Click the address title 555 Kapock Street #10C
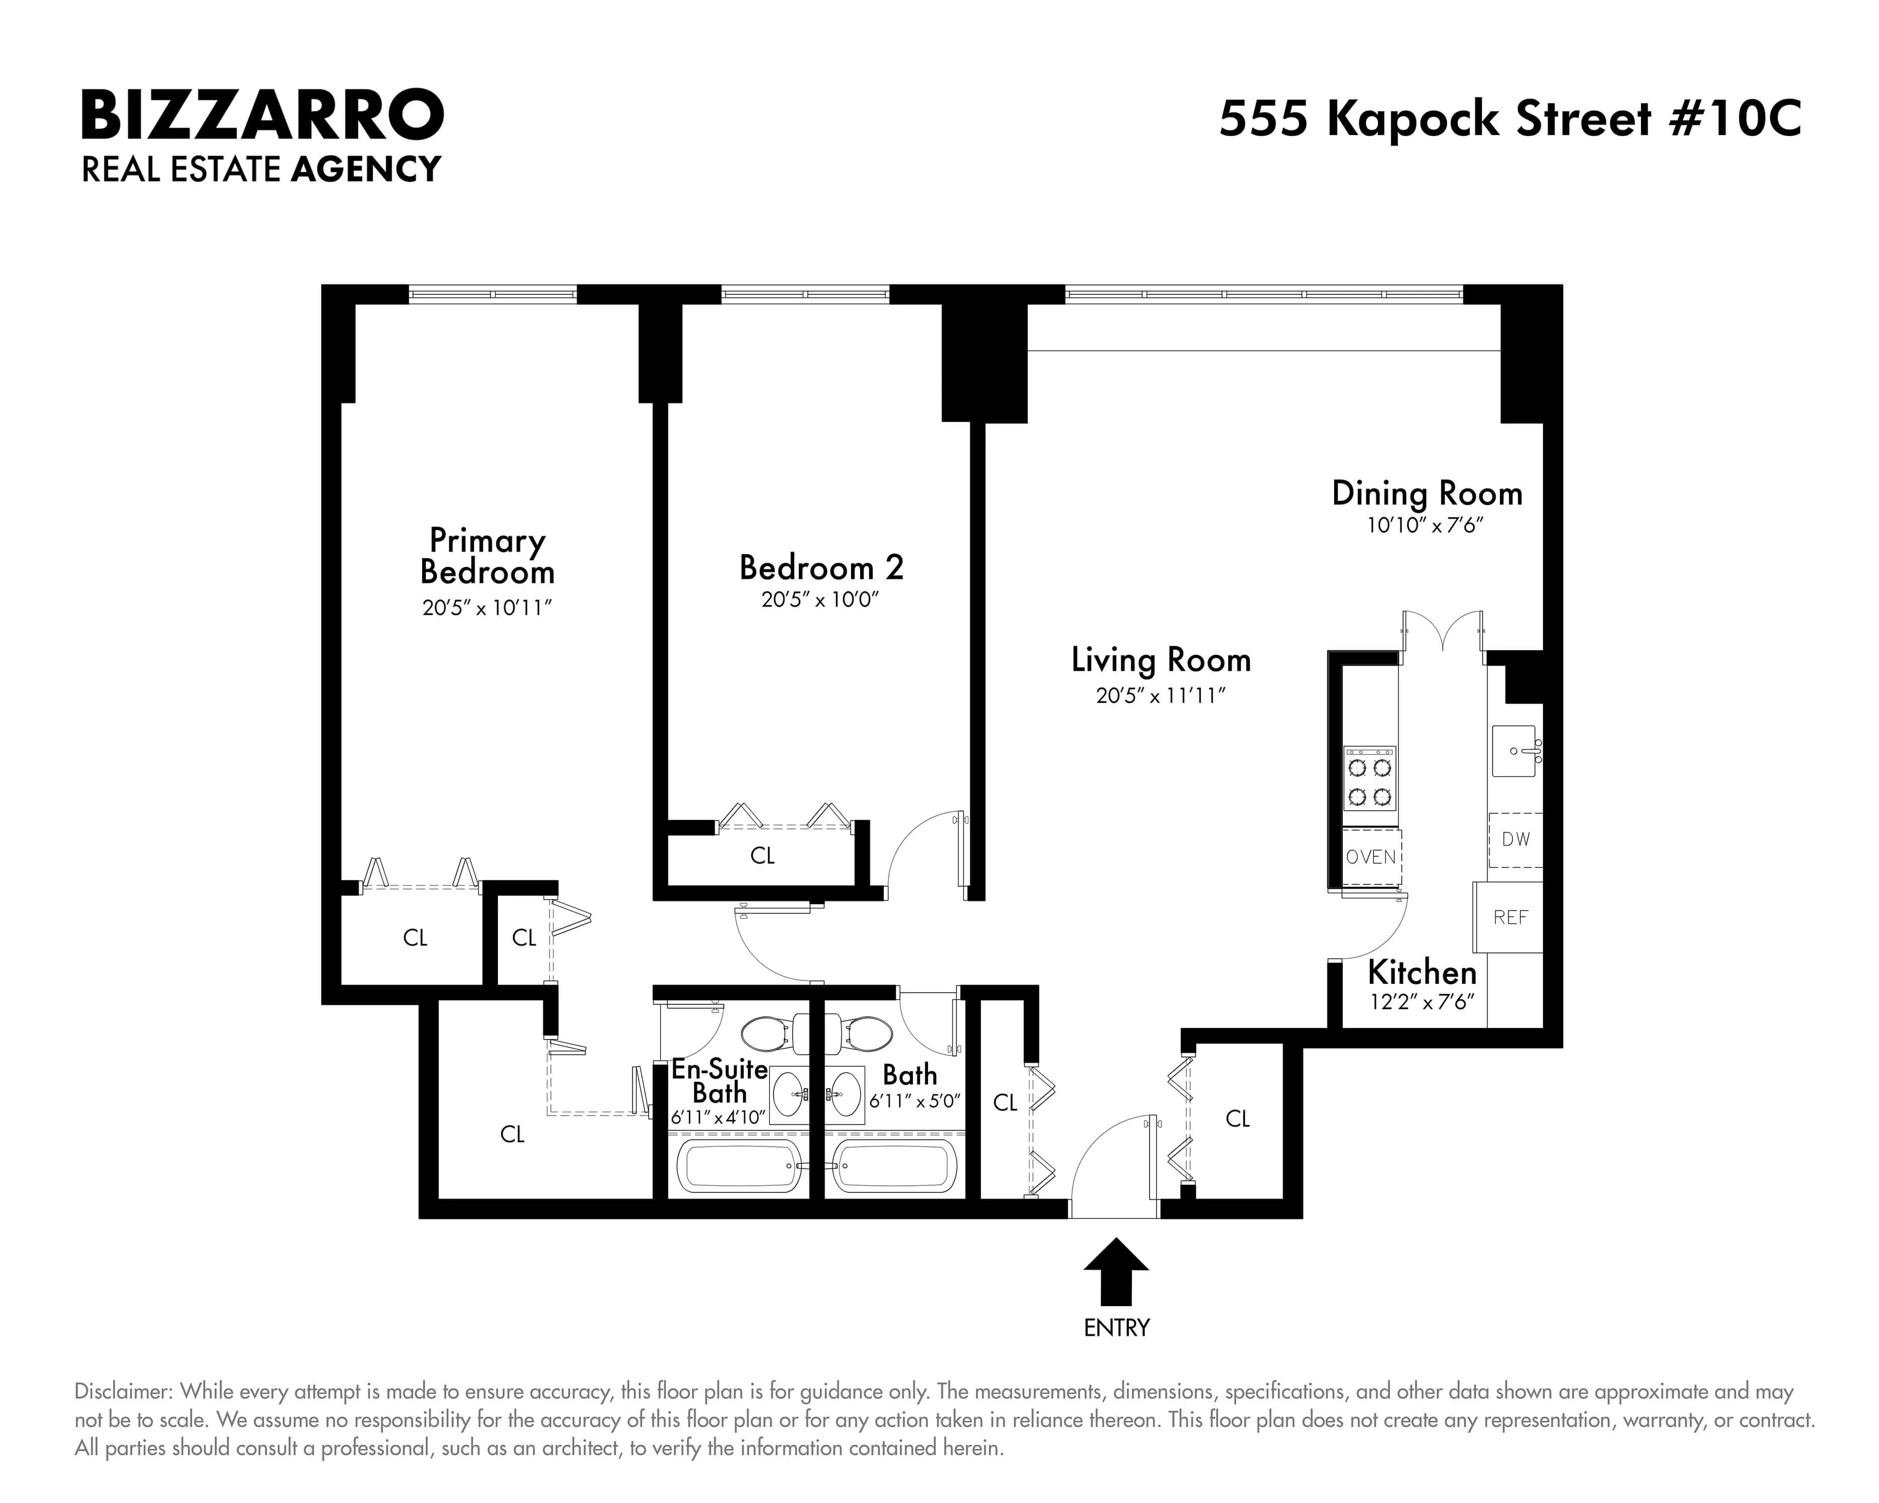point(1509,118)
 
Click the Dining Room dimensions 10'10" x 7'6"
point(1425,526)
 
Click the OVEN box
point(1371,856)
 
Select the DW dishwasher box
point(1515,839)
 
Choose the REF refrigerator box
point(1509,917)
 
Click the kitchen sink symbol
point(1514,750)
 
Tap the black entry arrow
point(1116,1271)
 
